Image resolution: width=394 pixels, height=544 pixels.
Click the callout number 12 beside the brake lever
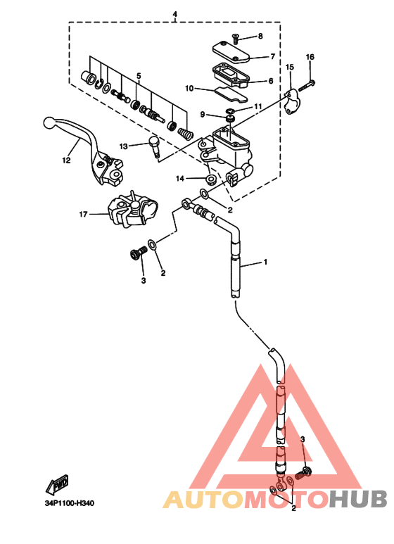click(x=66, y=160)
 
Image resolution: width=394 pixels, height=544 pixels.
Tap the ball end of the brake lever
click(x=49, y=123)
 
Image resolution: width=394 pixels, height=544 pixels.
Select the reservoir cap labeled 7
click(x=231, y=52)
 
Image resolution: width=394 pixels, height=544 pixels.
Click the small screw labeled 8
click(x=236, y=38)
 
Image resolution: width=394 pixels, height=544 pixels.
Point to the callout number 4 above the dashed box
click(x=174, y=14)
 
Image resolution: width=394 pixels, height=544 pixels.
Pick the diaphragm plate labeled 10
click(x=231, y=94)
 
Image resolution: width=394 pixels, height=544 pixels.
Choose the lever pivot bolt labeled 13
click(x=154, y=146)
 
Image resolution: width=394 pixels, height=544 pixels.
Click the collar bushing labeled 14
click(x=210, y=179)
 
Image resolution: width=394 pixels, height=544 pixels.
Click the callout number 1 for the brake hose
click(x=266, y=262)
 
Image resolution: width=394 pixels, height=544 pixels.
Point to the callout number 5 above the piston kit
click(x=139, y=75)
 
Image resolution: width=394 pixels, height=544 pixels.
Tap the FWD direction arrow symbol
click(x=57, y=483)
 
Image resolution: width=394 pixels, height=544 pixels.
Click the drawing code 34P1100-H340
click(x=70, y=502)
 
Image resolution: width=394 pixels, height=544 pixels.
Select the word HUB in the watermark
click(x=357, y=499)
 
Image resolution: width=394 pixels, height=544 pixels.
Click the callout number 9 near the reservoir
click(x=203, y=115)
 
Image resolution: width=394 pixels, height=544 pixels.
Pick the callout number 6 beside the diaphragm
click(x=271, y=81)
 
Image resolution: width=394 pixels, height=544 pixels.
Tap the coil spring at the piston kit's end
click(x=185, y=133)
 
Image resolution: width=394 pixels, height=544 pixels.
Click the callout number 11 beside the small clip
click(x=258, y=106)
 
